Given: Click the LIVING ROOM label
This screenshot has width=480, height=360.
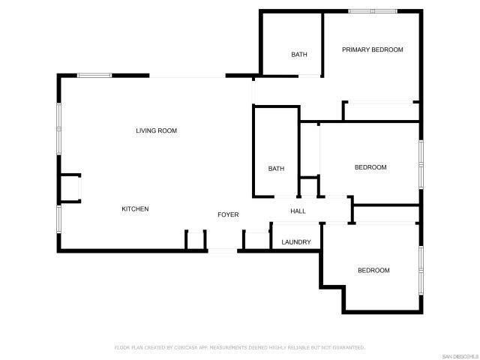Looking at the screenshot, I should click(x=156, y=131).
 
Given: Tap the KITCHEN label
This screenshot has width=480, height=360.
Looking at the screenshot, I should click(x=135, y=209).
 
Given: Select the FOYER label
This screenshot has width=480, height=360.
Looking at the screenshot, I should click(x=228, y=215).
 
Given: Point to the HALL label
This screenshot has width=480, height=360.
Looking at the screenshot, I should click(x=298, y=211).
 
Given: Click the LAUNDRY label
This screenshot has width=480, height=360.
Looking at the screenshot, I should click(x=296, y=242).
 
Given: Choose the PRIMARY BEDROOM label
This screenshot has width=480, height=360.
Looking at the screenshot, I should click(x=372, y=50).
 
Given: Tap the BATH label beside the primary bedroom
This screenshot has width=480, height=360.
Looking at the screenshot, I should click(x=299, y=55).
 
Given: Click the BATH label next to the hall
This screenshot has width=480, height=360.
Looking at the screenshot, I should click(x=276, y=169).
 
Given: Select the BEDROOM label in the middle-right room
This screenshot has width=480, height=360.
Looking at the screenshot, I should click(x=370, y=167).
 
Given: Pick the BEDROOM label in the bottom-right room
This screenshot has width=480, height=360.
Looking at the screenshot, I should click(x=373, y=271).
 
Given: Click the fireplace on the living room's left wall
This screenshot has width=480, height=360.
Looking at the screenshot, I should click(x=70, y=188).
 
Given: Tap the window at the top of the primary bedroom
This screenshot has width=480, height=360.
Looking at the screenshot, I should click(x=373, y=11).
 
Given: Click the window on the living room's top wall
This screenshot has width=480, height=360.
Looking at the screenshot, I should click(x=94, y=75).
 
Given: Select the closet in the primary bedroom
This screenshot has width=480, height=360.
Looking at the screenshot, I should click(x=379, y=111).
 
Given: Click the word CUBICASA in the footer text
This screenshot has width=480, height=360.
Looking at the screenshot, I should click(x=188, y=348).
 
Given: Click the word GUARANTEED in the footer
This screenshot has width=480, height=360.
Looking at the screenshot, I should click(x=347, y=348).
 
